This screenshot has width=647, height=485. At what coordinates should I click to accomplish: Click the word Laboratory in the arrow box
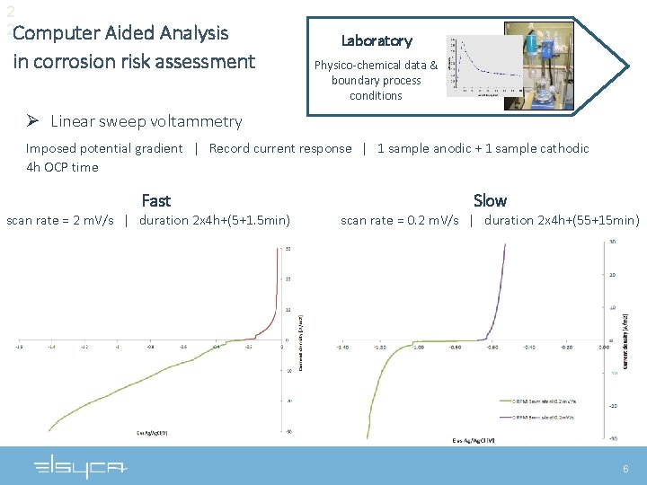pyautogui.click(x=377, y=40)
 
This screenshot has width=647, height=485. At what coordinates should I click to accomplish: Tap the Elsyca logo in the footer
pyautogui.click(x=82, y=467)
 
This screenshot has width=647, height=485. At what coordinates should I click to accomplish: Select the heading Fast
pyautogui.click(x=155, y=200)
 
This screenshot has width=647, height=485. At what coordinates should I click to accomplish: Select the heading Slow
pyautogui.click(x=490, y=200)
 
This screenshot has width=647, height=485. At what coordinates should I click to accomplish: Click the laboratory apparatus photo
pyautogui.click(x=537, y=67)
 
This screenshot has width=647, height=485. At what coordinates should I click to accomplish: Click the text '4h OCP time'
pyautogui.click(x=62, y=167)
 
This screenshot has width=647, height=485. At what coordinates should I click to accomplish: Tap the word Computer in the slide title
pyautogui.click(x=56, y=34)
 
